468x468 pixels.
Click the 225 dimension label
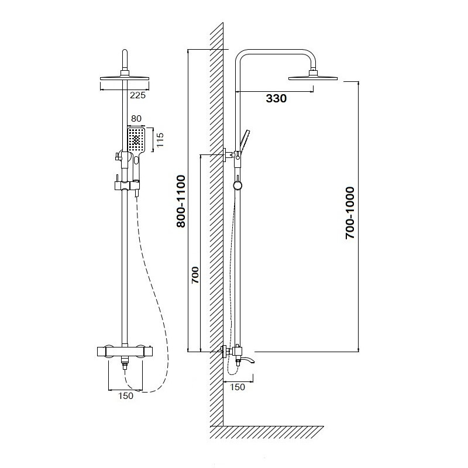pos(137,95)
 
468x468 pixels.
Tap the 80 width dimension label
pos(136,119)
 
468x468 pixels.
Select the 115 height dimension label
pos(160,140)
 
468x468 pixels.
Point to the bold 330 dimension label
pos(276,98)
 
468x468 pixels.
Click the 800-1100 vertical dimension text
pos(181,201)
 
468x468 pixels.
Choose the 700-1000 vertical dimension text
pos(350,213)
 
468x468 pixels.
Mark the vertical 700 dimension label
pos(195,275)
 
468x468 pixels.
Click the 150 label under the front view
pos(126,396)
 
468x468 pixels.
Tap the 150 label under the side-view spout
pos(238,387)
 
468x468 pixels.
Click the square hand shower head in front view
pos(136,139)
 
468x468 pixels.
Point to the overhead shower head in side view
pos(313,77)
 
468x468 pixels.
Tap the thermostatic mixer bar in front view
pos(125,352)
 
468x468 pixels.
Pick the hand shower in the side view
pos(244,140)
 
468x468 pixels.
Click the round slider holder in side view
pos(238,185)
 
